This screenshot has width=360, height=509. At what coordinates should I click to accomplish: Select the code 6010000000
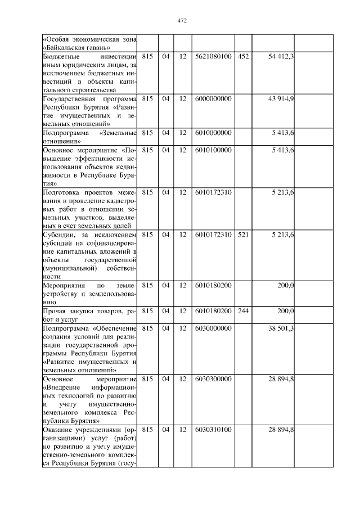213,133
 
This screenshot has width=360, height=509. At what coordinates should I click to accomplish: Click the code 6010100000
213,150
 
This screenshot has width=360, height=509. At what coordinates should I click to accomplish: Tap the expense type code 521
243,234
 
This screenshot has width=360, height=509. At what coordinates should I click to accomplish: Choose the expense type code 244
243,310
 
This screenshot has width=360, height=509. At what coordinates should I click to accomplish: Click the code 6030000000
213,328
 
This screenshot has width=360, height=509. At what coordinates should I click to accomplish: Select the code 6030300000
213,379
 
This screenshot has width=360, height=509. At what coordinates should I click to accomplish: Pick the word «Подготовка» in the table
62,192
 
